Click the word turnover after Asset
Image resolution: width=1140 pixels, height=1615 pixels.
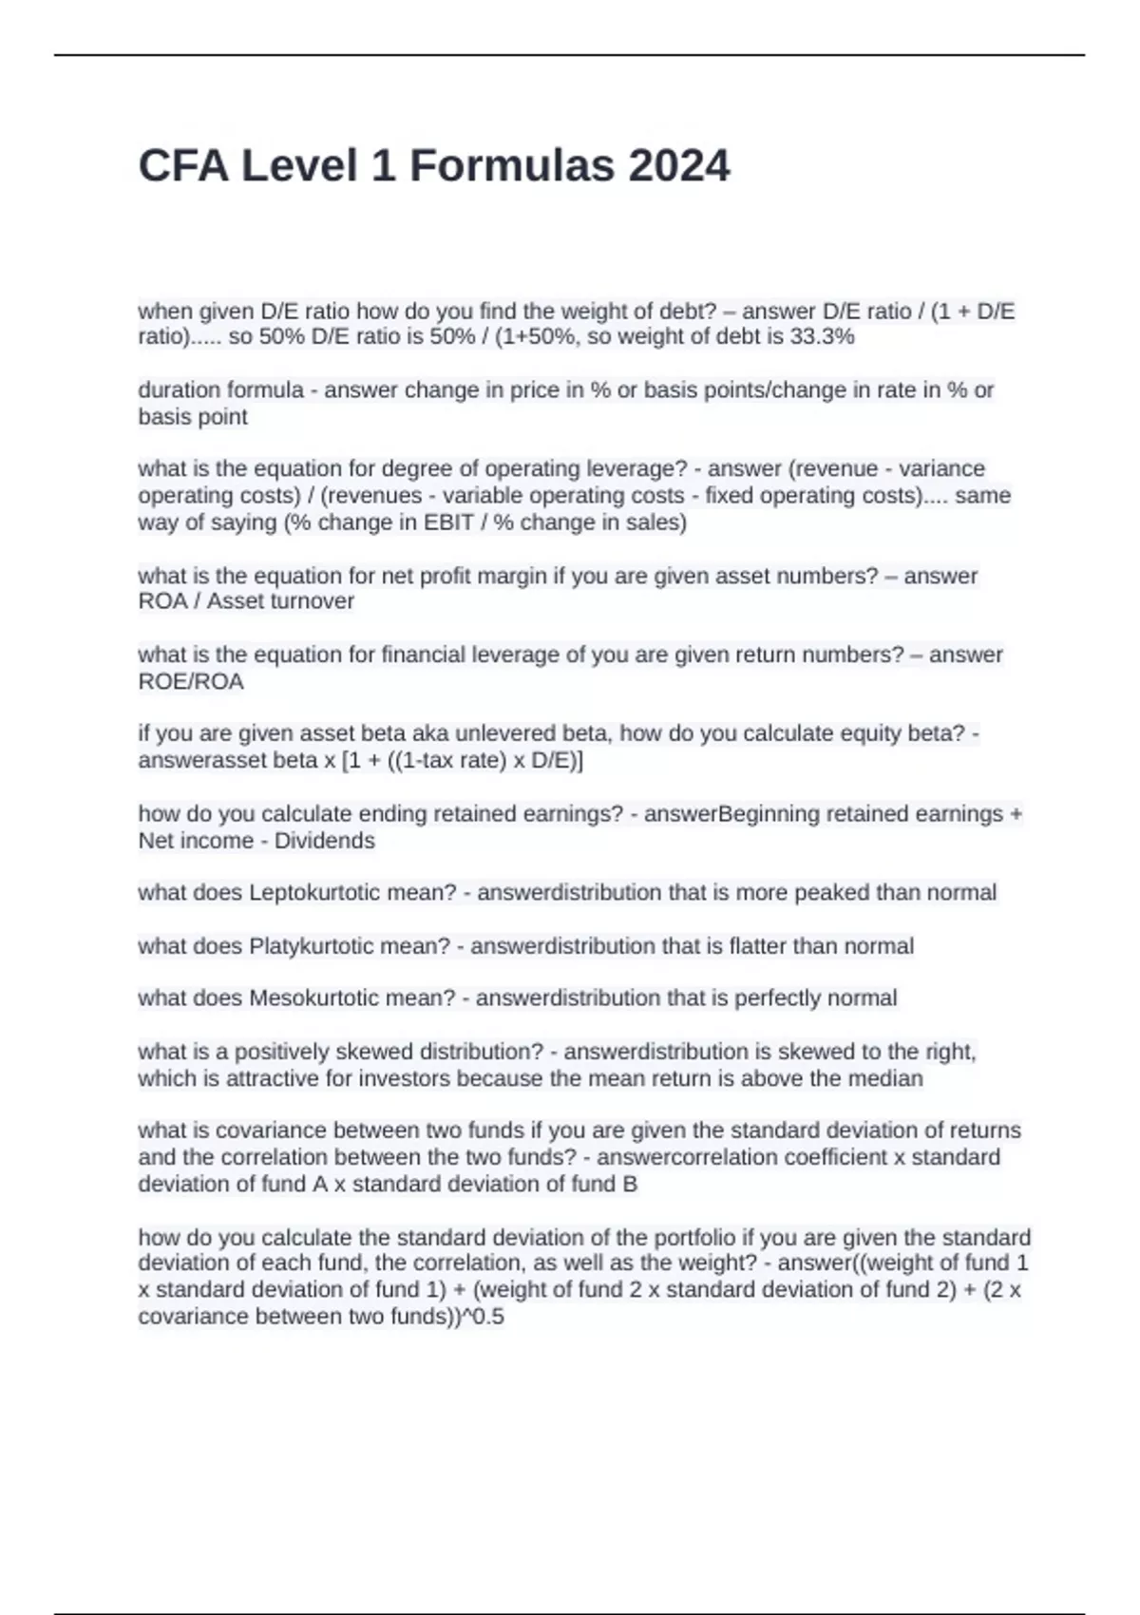click(x=313, y=601)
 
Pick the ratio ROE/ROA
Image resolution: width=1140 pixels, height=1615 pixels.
click(x=191, y=681)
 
